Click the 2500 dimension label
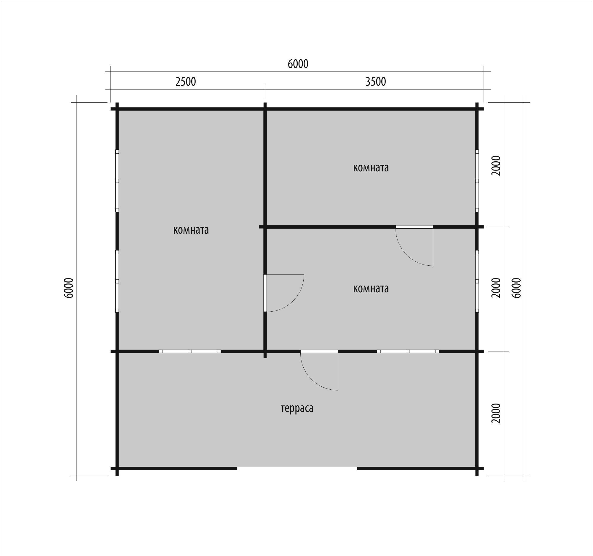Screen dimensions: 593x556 pos(186,82)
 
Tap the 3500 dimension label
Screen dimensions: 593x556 pos(376,82)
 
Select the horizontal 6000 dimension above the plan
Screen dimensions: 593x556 pos(298,64)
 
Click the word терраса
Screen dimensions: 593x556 pos(297,409)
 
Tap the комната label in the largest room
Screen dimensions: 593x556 pos(191,230)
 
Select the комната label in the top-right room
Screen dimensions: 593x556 pos(371,168)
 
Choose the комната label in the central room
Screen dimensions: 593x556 pos(371,289)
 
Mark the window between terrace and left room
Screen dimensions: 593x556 pos(190,351)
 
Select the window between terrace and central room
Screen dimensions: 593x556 pos(408,351)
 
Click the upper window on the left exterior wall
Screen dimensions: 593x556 pos(117,181)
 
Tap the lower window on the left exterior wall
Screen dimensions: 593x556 pos(117,281)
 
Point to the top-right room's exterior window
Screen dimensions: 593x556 pos(477,181)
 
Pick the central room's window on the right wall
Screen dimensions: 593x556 pos(477,281)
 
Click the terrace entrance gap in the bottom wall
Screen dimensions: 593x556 pos(297,469)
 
